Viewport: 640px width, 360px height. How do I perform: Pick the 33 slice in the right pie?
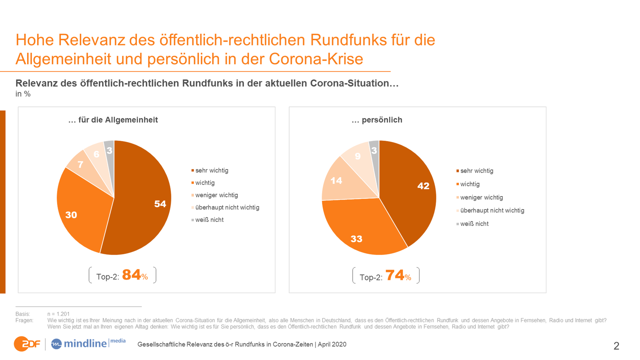360,230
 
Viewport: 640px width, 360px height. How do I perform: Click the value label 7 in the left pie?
80,164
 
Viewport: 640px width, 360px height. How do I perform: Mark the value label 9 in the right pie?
358,156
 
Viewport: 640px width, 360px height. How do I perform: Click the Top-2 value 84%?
135,275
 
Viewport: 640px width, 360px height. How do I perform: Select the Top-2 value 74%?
398,276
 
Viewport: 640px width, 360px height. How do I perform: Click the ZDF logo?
27,344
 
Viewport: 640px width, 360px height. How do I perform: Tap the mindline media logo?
88,343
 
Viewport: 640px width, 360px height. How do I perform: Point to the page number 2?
616,346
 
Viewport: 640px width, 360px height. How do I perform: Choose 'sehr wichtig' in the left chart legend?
212,170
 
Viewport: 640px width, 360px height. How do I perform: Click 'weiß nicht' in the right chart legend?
474,224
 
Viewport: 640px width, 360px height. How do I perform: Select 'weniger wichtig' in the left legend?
216,195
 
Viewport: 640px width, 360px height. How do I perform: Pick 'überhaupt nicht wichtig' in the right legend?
492,210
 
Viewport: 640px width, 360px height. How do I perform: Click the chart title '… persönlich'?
377,120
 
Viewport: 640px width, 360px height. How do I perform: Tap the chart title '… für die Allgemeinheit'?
113,120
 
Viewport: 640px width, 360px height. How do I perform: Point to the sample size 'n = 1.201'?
58,314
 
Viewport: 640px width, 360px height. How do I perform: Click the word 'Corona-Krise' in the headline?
316,59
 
